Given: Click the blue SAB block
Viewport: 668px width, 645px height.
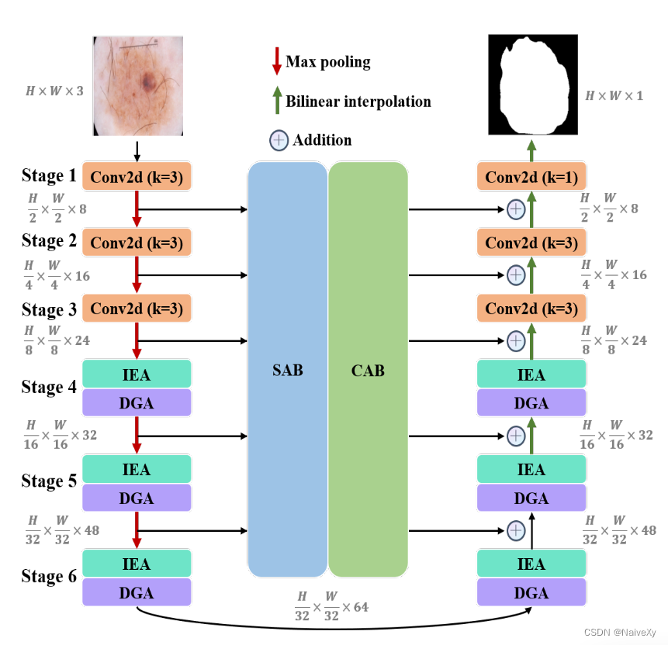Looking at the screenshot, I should point(287,370).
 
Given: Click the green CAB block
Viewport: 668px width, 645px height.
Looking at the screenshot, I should point(368,370).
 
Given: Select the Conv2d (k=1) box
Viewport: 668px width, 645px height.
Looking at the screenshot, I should point(531,178).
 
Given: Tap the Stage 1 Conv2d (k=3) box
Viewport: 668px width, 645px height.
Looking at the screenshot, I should point(137,178).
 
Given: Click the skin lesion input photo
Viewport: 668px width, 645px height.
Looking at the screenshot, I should point(138,85).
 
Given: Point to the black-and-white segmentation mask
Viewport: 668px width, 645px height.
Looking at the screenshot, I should point(532,85).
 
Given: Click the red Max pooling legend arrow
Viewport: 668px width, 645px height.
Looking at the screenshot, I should point(276,61).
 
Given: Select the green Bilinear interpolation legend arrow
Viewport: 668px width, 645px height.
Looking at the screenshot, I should point(276,101).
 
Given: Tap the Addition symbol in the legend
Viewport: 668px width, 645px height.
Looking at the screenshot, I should point(279,140).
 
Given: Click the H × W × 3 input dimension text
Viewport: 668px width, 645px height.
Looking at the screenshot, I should point(54,91).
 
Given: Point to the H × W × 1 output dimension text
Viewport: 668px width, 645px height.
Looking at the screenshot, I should point(614,95).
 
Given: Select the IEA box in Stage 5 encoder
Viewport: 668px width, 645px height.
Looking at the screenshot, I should point(137,469).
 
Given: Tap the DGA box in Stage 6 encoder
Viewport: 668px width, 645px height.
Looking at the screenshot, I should point(137,593).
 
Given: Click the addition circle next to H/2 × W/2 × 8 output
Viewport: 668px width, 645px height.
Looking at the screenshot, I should point(516,209).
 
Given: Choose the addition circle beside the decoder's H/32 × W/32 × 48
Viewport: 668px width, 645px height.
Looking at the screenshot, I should point(516,531).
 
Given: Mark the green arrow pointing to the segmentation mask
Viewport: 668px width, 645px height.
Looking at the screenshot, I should point(531,150).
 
